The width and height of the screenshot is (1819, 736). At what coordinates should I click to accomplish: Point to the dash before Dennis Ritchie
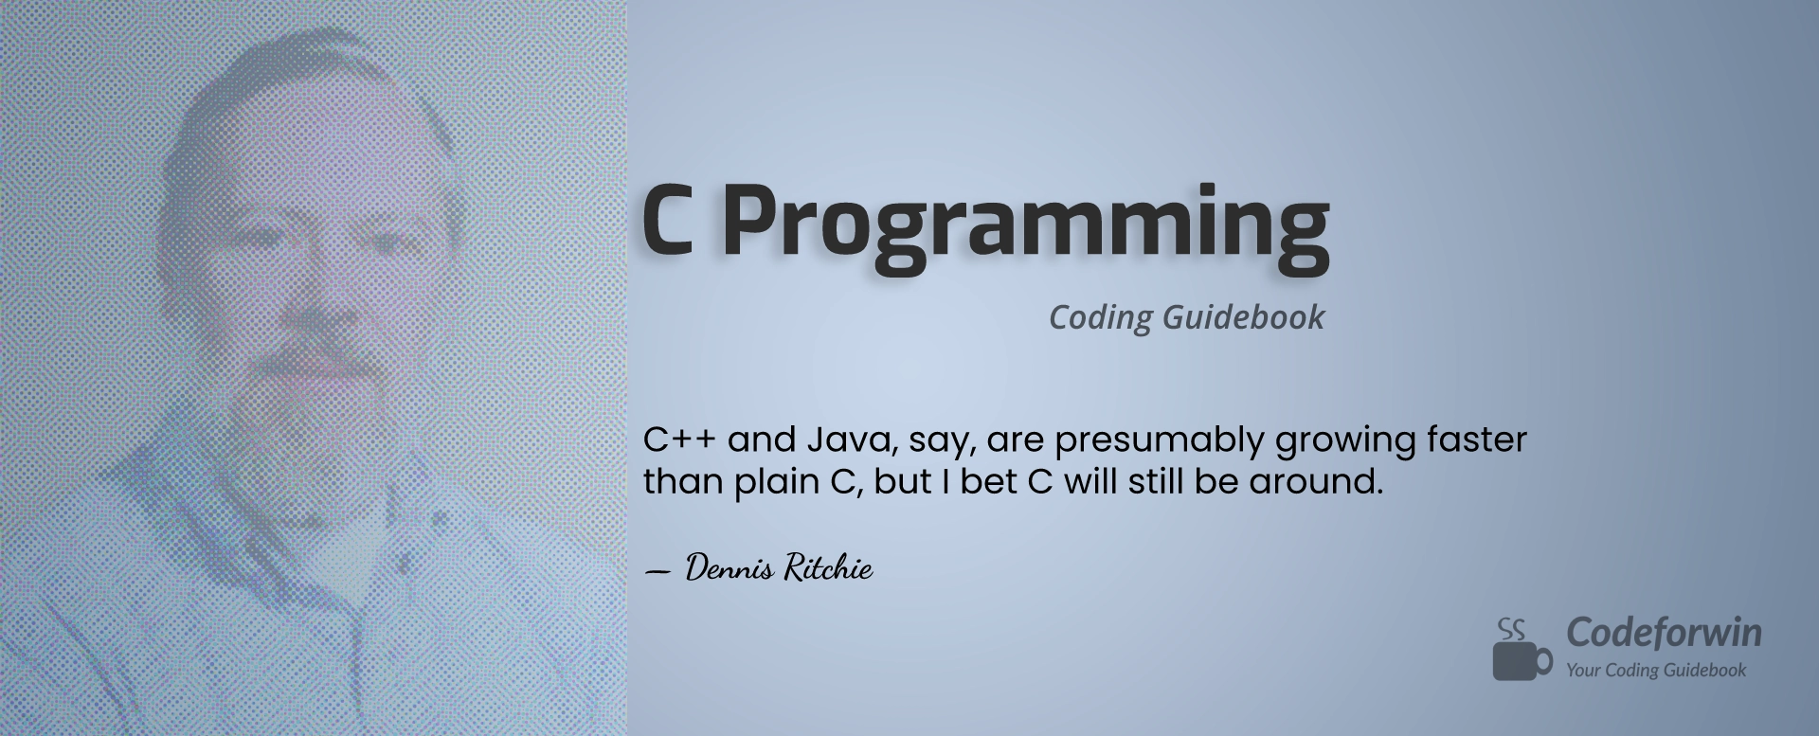click(x=657, y=572)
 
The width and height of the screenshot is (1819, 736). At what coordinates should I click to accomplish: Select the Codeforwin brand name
click(x=1664, y=633)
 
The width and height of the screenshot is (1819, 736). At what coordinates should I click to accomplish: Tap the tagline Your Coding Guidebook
click(x=1656, y=671)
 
